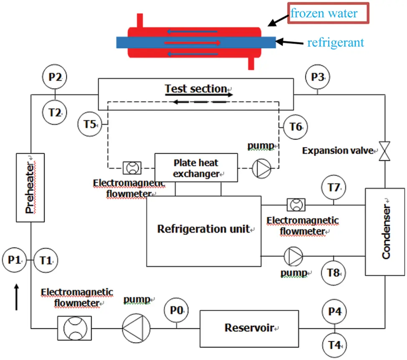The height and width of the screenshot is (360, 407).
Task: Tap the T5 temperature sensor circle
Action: (90, 124)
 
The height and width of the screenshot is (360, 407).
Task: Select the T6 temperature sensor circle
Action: (296, 126)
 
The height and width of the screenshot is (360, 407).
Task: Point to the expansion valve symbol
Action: (383, 151)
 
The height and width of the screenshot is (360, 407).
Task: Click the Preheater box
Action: (30, 188)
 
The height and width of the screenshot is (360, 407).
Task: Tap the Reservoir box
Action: (250, 327)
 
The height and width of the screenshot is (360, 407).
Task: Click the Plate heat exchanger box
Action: (196, 168)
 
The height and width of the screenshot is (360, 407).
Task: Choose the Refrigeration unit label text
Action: (203, 229)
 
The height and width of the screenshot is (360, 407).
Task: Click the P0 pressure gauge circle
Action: (177, 311)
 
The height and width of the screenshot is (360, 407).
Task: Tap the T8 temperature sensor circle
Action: (333, 273)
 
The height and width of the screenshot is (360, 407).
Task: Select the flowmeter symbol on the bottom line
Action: (74, 328)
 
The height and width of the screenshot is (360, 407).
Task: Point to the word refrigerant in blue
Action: (336, 42)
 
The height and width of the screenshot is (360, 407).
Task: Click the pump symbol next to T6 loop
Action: (261, 168)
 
